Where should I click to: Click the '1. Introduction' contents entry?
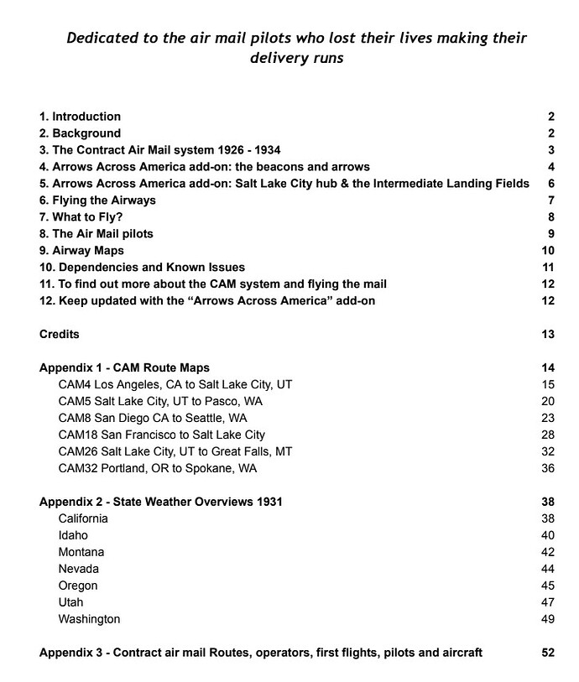pos(80,117)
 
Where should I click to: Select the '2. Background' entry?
pos(80,133)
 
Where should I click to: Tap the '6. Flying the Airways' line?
pos(97,200)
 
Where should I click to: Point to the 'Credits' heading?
pos(60,335)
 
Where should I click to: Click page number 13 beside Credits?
pos(548,335)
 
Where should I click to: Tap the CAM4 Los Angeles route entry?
pos(175,384)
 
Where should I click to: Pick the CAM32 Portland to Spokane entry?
pos(158,468)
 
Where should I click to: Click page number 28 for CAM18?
pos(548,435)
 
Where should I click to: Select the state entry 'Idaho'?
pos(73,535)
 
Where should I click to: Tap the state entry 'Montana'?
pos(81,552)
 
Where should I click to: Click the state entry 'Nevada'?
pos(78,569)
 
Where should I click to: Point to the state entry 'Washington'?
pos(89,619)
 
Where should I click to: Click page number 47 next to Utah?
pos(548,602)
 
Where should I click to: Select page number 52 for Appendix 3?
pos(548,653)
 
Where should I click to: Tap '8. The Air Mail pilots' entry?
pos(96,234)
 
